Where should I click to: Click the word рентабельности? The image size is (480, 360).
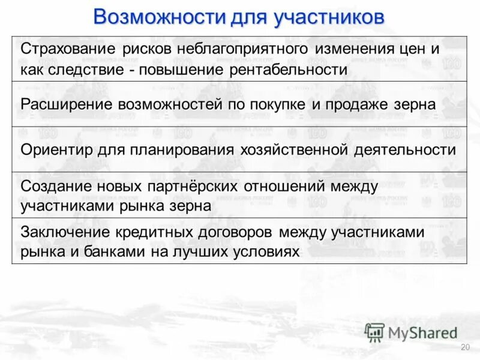point(288,69)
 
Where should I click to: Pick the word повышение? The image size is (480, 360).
point(182,69)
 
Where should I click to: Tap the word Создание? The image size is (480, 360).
point(52,186)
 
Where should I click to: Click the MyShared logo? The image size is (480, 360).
point(412,332)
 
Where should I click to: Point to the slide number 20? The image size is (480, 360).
point(464,348)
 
